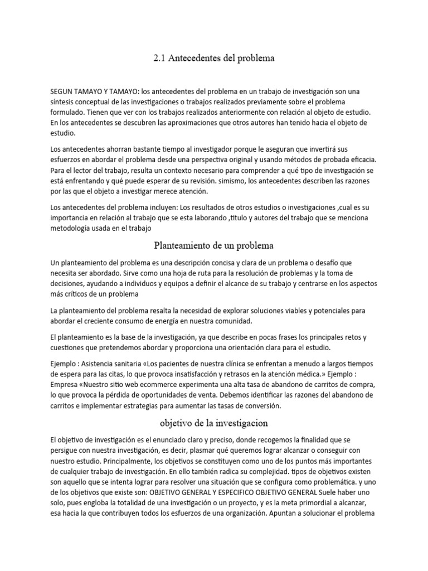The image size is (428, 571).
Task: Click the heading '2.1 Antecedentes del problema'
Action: [214, 58]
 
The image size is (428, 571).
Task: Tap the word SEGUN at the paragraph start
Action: [64, 91]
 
